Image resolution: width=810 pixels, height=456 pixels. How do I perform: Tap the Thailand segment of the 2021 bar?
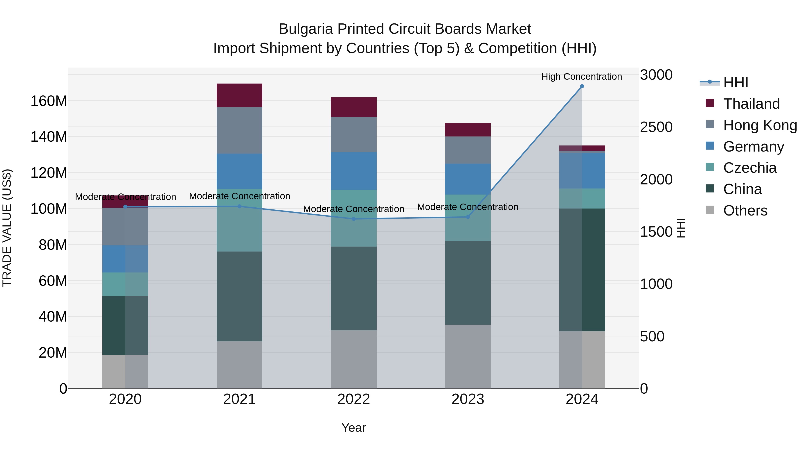coord(239,95)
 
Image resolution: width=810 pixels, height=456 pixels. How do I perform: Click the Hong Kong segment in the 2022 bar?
coord(353,134)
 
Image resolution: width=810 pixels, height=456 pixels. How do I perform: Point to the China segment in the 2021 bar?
coord(239,296)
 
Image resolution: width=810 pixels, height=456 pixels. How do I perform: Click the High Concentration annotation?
coord(581,77)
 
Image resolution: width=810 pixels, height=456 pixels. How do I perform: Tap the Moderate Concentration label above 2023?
coord(468,207)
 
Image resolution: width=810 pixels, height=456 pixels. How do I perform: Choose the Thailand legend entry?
coord(751,104)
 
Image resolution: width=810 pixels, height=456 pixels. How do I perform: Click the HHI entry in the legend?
coord(736,82)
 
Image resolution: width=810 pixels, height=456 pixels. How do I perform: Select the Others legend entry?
coord(745,211)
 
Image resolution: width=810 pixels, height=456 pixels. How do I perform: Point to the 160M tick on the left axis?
coord(49,101)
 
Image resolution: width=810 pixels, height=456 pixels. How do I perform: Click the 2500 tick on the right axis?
coord(656,127)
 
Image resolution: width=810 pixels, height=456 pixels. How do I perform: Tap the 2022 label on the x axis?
coord(353,399)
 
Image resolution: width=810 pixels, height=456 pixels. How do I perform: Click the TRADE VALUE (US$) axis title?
coord(7,228)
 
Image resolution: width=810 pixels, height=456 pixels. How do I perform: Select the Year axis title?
coord(353,428)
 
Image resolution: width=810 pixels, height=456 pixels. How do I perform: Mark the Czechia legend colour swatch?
coord(710,167)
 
